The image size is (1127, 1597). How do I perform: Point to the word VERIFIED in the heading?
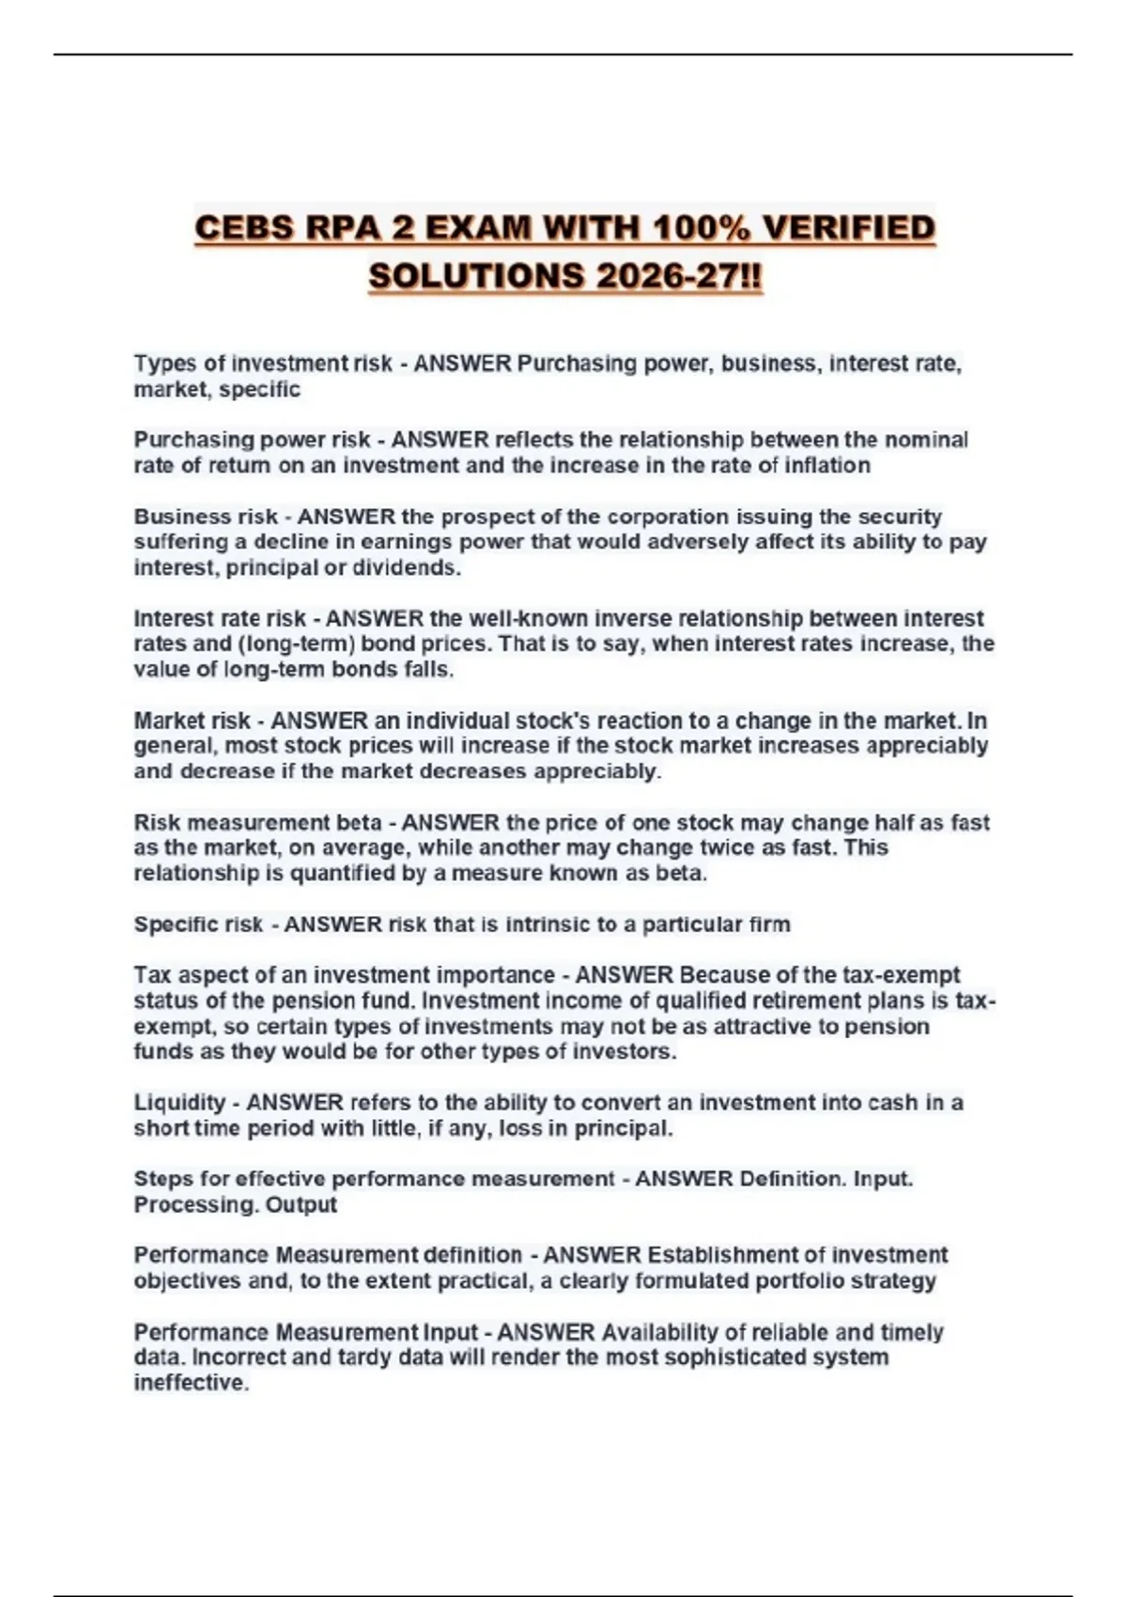[x=849, y=228]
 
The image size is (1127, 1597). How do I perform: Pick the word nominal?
[x=926, y=440]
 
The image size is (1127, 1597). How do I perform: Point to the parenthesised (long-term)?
[x=297, y=644]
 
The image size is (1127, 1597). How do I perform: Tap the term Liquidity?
[x=179, y=1102]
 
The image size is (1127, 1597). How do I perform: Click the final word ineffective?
[x=191, y=1383]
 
